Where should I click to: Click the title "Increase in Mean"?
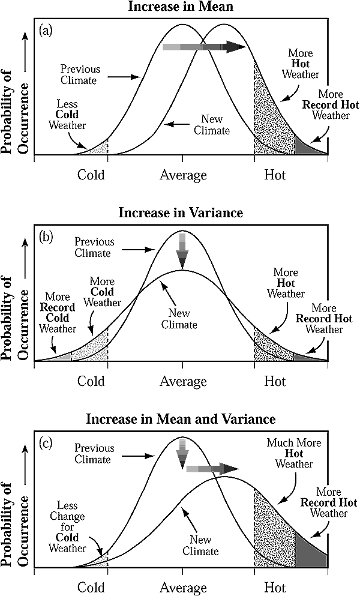click(x=181, y=7)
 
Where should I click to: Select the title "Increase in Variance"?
click(x=181, y=212)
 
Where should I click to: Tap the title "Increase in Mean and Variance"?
click(x=181, y=418)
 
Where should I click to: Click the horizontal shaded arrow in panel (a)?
click(x=204, y=47)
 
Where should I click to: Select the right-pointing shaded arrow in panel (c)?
click(x=211, y=469)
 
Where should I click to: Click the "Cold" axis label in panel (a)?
click(x=91, y=175)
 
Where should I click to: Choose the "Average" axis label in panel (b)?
click(x=183, y=381)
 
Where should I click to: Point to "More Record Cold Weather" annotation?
click(x=58, y=313)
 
